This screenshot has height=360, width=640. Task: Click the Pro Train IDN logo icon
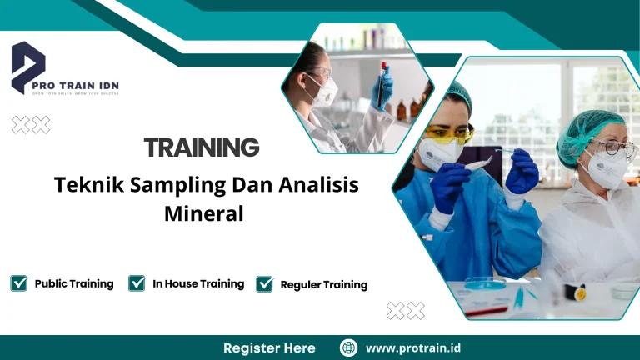pos(28,65)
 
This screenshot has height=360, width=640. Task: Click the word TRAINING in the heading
pos(201,148)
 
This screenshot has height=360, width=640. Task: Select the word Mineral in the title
pos(204,213)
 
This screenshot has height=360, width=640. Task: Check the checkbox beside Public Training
pos(19,283)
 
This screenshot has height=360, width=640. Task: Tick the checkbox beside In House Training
pos(137,283)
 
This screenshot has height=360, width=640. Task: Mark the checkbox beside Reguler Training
pos(265,284)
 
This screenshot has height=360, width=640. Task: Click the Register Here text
pos(269,347)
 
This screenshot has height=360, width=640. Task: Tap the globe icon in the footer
pos(349,347)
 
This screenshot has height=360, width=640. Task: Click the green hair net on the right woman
pos(590,127)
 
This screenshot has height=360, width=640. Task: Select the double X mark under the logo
pos(30,125)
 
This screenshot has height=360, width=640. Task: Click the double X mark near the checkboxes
pos(405,310)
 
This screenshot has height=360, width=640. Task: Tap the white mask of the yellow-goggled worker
pos(438,154)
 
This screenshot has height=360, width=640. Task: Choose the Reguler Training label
pos(324,284)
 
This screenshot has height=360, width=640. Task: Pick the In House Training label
pos(198,283)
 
